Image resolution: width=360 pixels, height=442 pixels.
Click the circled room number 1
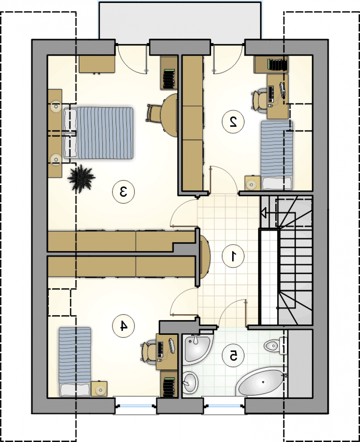(x=233, y=256)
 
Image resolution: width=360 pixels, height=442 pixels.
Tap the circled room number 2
(x=233, y=122)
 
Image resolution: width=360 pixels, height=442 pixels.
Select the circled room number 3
(x=123, y=192)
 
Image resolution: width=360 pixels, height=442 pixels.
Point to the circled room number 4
(x=123, y=326)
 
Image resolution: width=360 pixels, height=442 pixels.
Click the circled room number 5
(x=233, y=356)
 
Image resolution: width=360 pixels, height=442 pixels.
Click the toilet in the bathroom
(x=276, y=346)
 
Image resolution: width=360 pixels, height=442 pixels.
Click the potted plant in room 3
(x=81, y=178)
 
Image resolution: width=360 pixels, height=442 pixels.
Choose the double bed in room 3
(x=98, y=133)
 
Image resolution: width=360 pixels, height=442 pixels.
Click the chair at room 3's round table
(x=154, y=113)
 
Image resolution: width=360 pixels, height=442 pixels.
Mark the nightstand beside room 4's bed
(x=99, y=389)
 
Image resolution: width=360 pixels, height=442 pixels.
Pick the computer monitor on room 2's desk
(x=283, y=90)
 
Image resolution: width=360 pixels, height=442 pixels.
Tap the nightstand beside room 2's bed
(x=253, y=183)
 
